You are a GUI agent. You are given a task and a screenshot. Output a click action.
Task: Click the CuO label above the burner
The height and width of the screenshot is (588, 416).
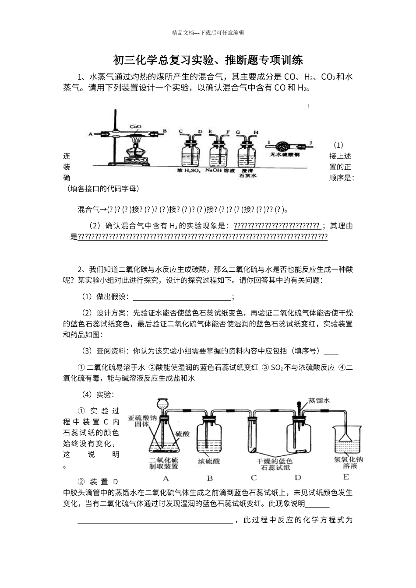pyautogui.click(x=135, y=127)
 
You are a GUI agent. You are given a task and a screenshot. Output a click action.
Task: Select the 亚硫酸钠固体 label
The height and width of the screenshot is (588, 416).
pyautogui.click(x=142, y=421)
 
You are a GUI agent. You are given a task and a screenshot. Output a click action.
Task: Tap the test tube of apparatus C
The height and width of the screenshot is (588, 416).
pyautogui.click(x=254, y=435)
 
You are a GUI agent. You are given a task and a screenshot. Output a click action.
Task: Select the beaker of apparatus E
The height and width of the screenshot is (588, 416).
pyautogui.click(x=346, y=442)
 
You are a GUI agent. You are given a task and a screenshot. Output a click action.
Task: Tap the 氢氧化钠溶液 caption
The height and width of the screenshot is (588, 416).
pyautogui.click(x=349, y=463)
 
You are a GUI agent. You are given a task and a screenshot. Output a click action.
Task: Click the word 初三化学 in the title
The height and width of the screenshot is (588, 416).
pyautogui.click(x=132, y=59)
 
